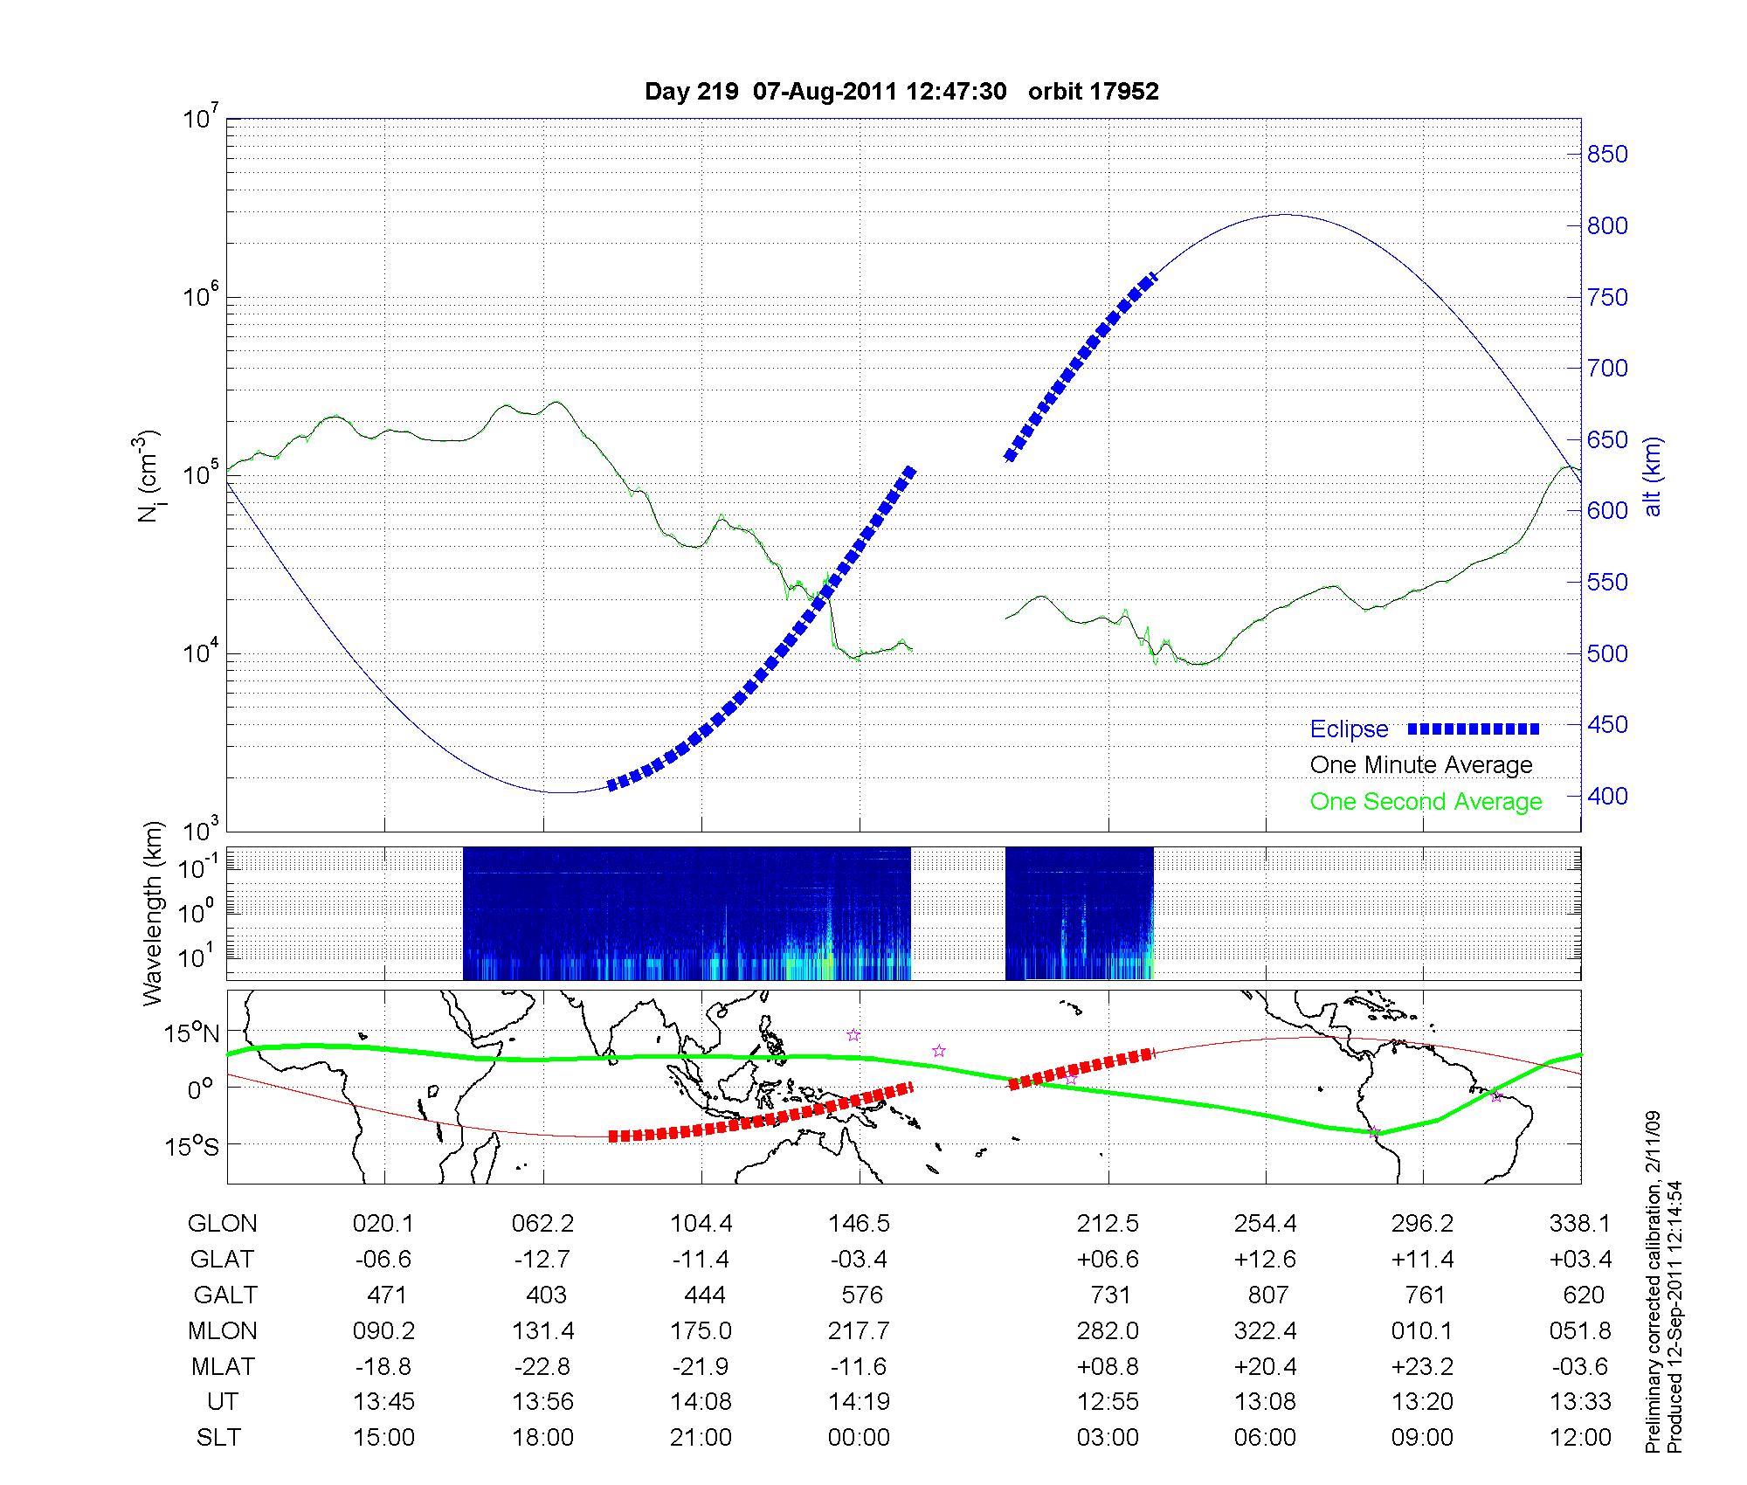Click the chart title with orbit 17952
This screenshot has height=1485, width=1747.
pos(901,92)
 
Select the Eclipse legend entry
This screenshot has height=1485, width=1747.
pos(1349,729)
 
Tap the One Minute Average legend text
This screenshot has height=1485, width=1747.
pos(1421,765)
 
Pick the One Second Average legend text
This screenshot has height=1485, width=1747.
pos(1426,802)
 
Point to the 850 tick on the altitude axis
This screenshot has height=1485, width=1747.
pos(1607,155)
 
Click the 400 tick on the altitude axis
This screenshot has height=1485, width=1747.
pos(1607,796)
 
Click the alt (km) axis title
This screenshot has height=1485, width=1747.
pos(1653,476)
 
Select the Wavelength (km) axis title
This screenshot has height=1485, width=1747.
pos(153,913)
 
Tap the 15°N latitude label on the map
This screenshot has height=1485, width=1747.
pos(193,1033)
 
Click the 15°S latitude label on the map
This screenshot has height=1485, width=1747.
pos(193,1145)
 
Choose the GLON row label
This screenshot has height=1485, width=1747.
pos(222,1224)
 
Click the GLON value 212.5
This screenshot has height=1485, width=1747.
pos(1108,1224)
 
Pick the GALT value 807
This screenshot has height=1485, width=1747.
pos(1267,1295)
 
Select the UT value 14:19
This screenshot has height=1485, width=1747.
pos(859,1401)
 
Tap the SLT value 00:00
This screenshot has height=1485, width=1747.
pos(859,1437)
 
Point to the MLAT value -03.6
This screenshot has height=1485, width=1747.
pos(1580,1366)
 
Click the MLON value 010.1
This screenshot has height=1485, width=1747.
pos(1422,1330)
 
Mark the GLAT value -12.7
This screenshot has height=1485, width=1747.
pos(542,1260)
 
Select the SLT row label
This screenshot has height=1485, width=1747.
pos(218,1437)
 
